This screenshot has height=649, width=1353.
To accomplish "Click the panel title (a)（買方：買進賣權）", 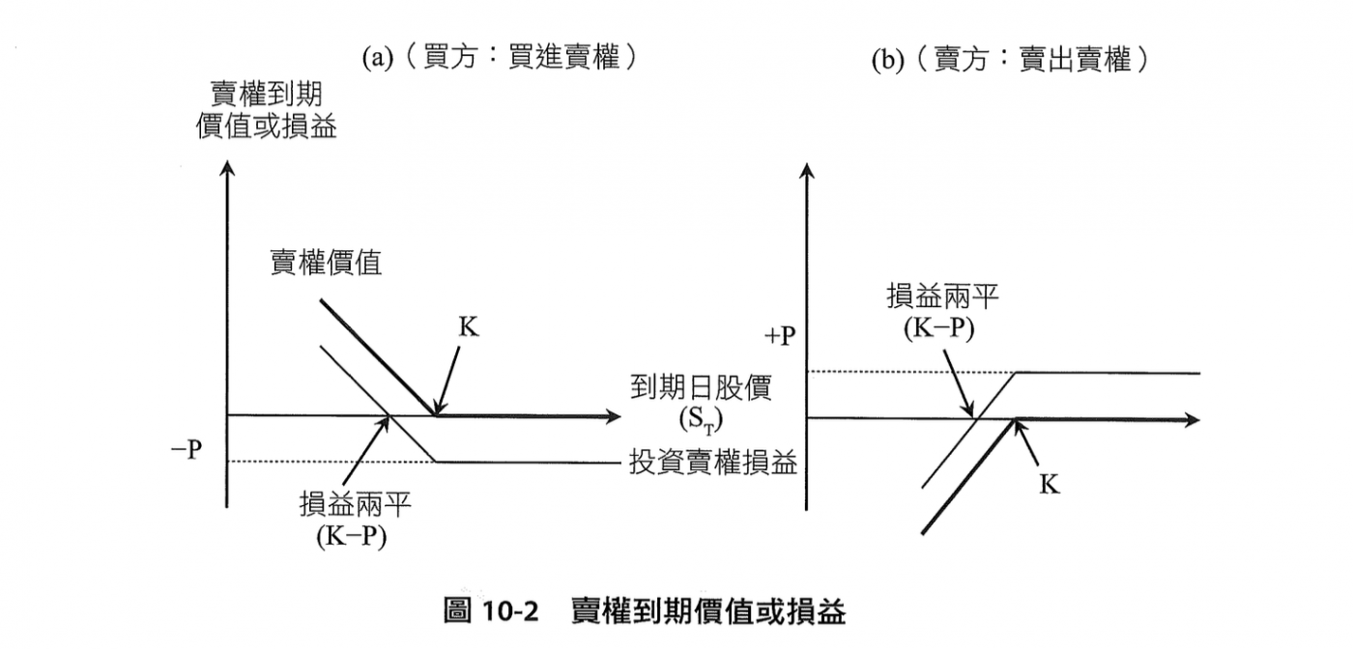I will click(501, 59).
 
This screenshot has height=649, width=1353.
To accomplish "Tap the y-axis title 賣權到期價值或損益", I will click(267, 110).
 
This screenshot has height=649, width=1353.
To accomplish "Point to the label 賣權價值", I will click(326, 264).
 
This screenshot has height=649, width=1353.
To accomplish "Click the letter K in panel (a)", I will click(468, 327).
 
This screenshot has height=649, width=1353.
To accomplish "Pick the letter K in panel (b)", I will click(1050, 484).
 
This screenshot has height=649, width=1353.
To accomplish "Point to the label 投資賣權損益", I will click(713, 463).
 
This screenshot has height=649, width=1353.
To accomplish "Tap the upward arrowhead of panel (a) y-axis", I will click(227, 165).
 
